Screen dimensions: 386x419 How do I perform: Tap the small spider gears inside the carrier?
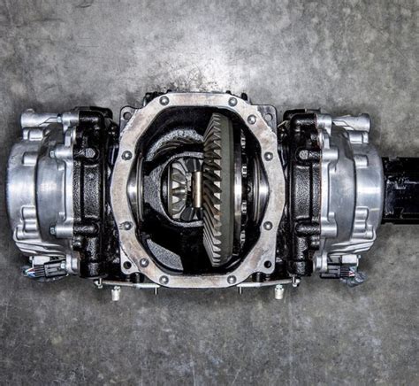pyautogui.click(x=182, y=185)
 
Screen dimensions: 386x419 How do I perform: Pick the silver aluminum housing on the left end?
pyautogui.click(x=35, y=190)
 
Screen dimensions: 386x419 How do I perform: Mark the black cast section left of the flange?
pyautogui.click(x=93, y=190)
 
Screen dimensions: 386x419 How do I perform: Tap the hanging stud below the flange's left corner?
pyautogui.click(x=115, y=292)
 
